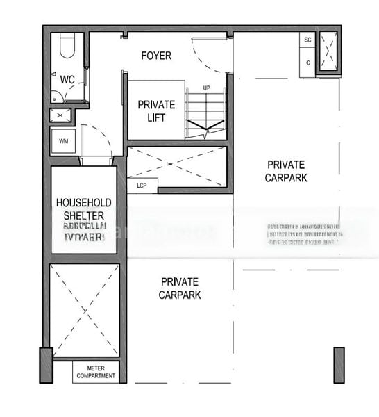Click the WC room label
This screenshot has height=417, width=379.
[x=67, y=80]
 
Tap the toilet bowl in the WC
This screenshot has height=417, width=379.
[x=67, y=47]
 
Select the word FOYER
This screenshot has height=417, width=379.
[x=156, y=56]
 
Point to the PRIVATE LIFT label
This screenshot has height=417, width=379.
[x=156, y=111]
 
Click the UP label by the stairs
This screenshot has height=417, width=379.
[x=206, y=88]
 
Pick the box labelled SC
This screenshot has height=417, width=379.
[x=308, y=40]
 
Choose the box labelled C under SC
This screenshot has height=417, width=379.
[x=308, y=63]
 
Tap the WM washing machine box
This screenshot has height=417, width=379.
[x=63, y=142]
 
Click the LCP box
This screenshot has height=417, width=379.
[x=142, y=186]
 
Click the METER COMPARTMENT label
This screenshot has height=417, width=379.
[x=96, y=372]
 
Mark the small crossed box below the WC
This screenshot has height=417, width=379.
[x=60, y=115]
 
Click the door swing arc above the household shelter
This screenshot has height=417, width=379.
[x=97, y=142]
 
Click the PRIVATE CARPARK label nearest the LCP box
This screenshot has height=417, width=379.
[x=285, y=171]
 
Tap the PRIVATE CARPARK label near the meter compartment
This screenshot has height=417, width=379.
[x=180, y=288]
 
